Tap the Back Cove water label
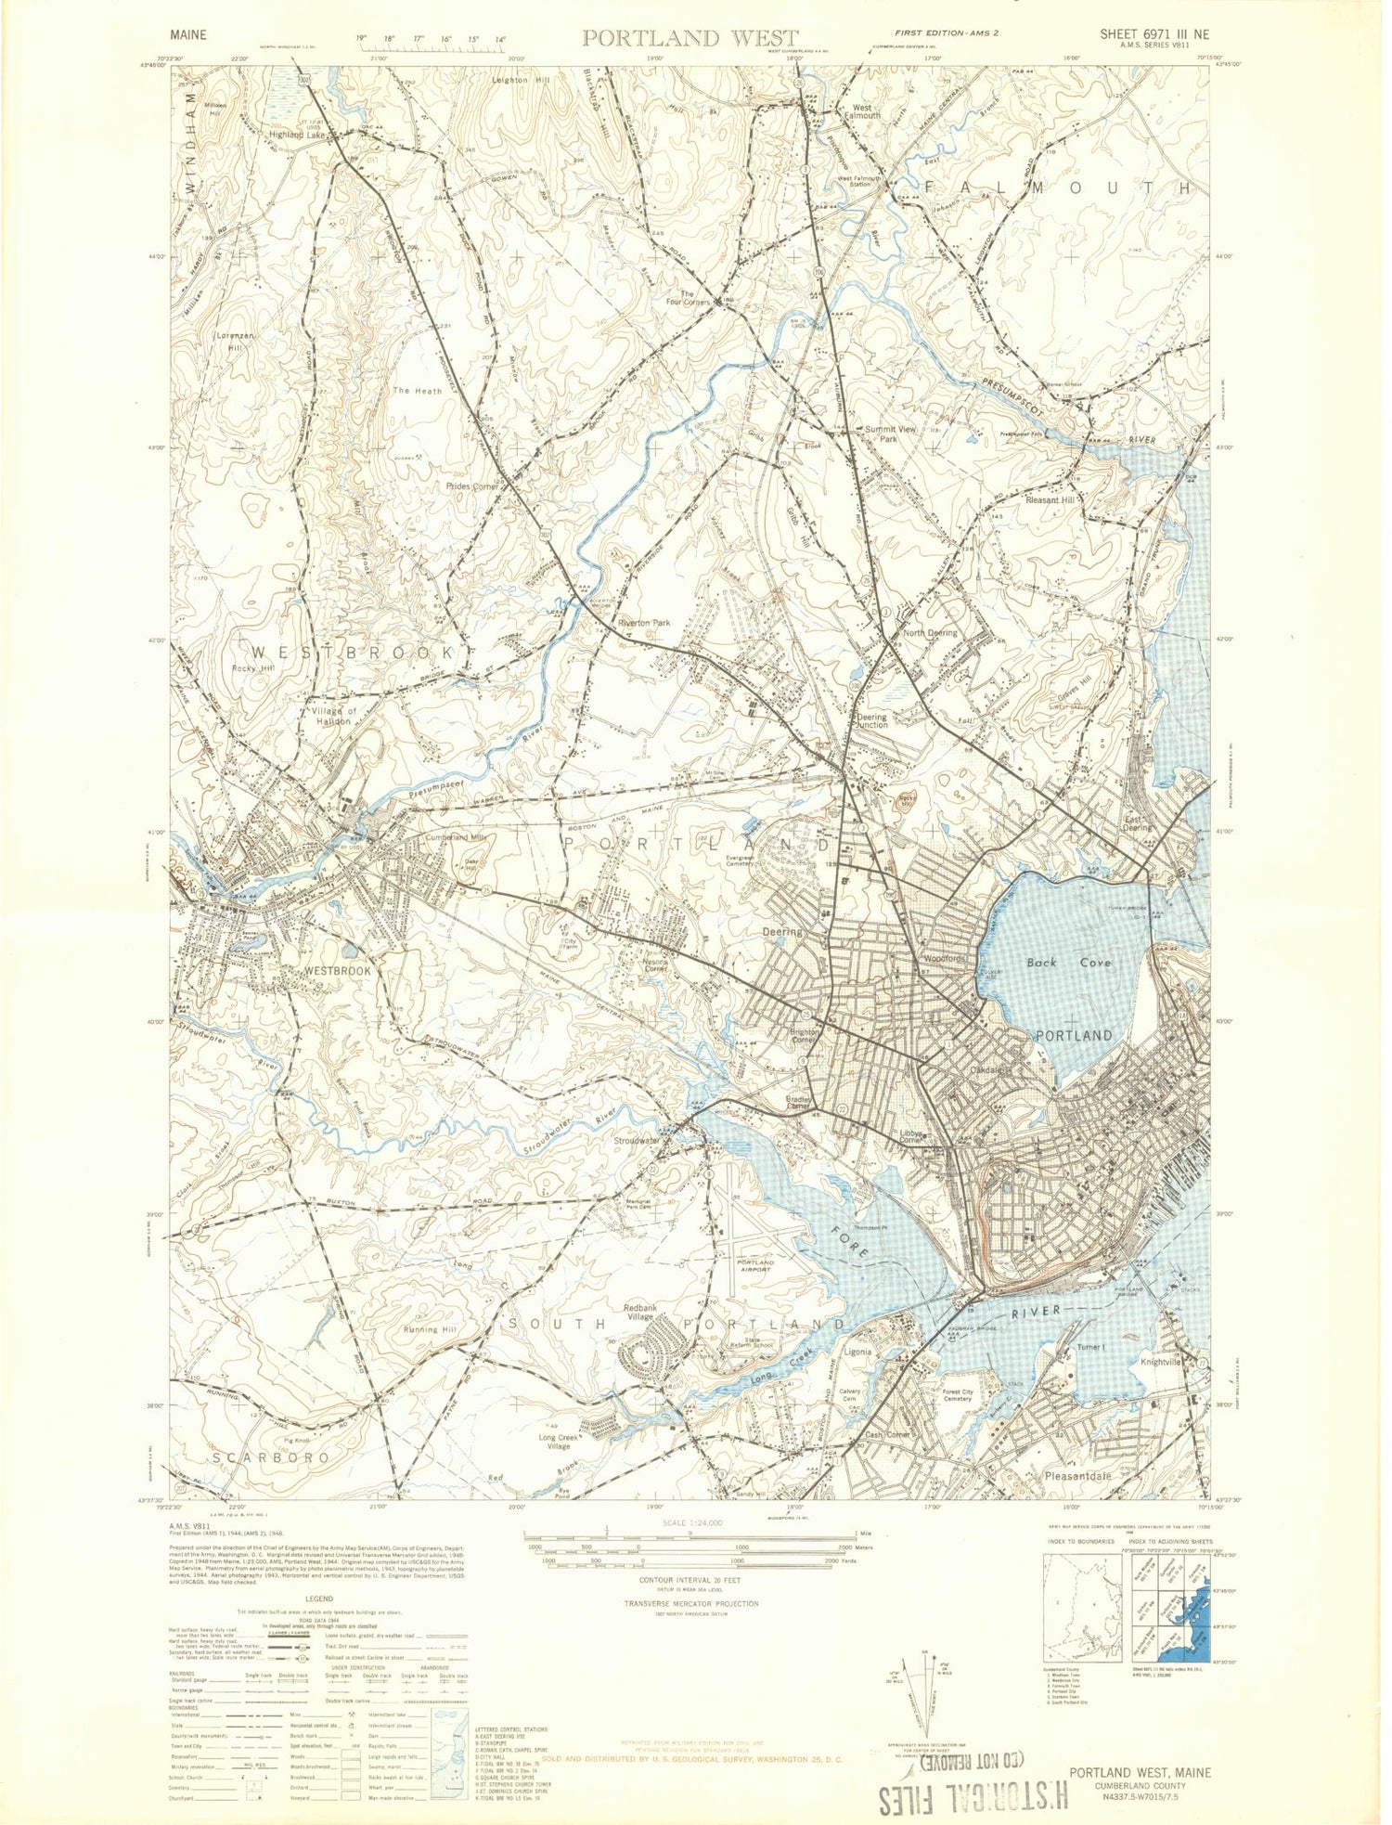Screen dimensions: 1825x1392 [1068, 963]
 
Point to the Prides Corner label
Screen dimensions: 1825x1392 [472, 486]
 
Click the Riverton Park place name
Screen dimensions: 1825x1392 [643, 623]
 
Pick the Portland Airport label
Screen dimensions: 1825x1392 [754, 1266]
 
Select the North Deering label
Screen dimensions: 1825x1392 [930, 633]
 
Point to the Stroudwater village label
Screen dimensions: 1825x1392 [637, 1141]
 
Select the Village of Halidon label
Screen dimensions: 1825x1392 [334, 716]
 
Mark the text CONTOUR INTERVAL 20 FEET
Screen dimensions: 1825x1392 [690, 1579]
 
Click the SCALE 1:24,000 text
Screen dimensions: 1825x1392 [690, 1523]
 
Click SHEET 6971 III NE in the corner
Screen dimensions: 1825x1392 [1154, 34]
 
